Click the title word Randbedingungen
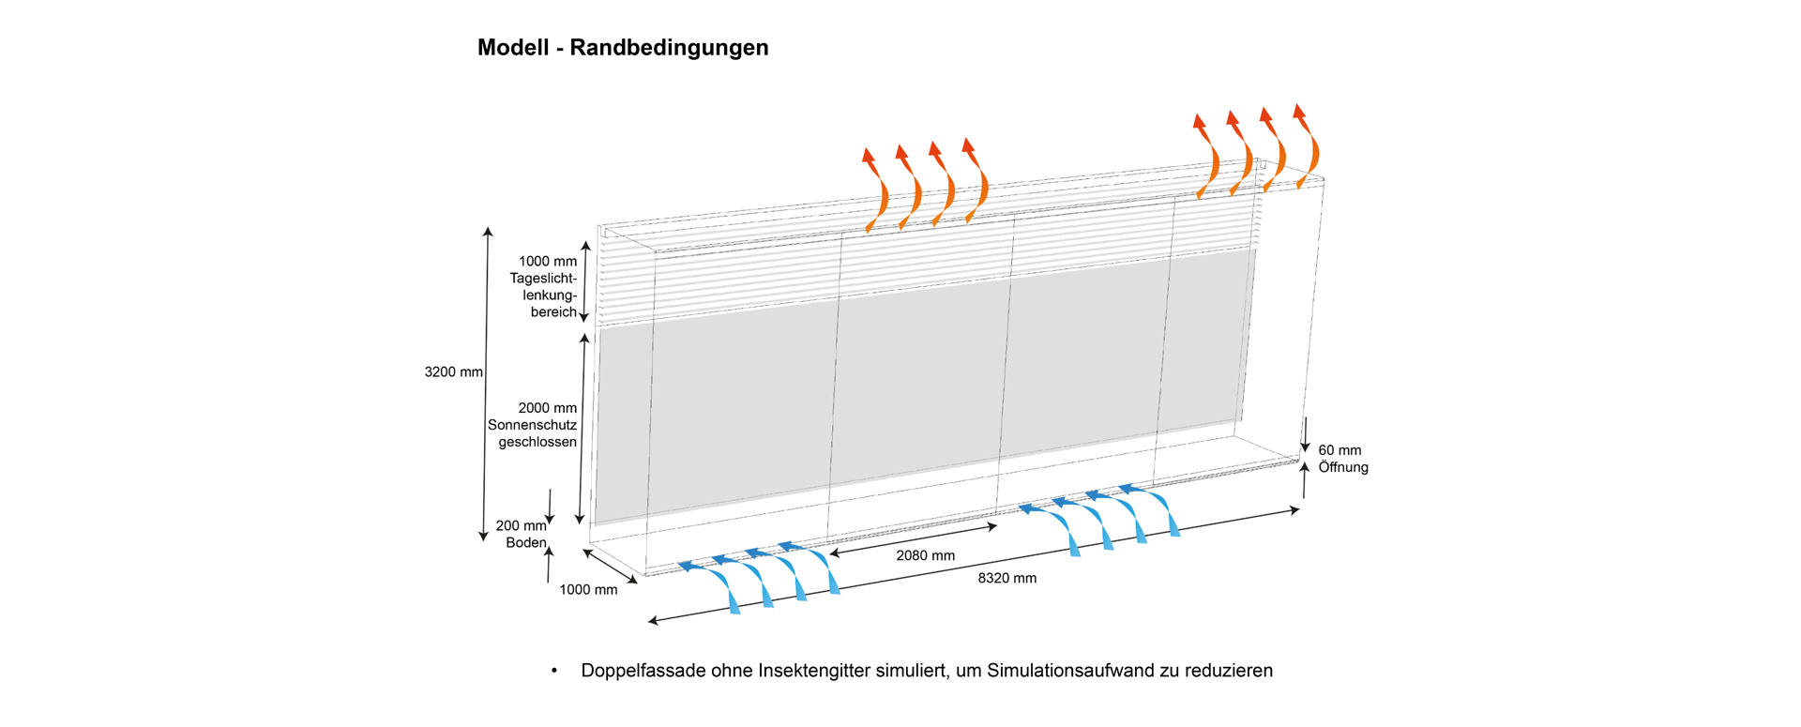pyautogui.click(x=669, y=48)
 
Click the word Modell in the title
pyautogui.click(x=513, y=48)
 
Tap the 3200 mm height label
pyautogui.click(x=453, y=372)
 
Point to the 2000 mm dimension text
pyautogui.click(x=548, y=408)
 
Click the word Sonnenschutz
pyautogui.click(x=532, y=425)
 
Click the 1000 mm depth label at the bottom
pyautogui.click(x=588, y=590)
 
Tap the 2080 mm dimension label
pyautogui.click(x=925, y=556)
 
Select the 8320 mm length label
pyautogui.click(x=1006, y=579)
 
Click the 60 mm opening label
pyautogui.click(x=1339, y=450)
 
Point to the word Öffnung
pyautogui.click(x=1343, y=467)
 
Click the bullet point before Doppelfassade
pyautogui.click(x=554, y=671)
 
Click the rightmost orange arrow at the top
pyautogui.click(x=1307, y=145)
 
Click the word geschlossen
pyautogui.click(x=537, y=442)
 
